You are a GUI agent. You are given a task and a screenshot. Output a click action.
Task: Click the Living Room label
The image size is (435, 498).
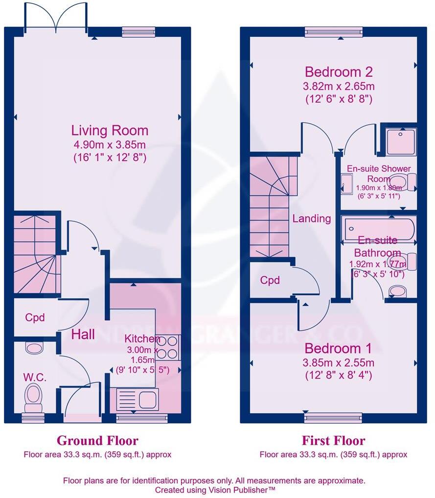point(110,131)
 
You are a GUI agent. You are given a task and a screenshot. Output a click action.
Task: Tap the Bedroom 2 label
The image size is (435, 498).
point(339,72)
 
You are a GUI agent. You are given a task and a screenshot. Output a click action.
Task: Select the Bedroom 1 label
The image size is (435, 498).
point(338,349)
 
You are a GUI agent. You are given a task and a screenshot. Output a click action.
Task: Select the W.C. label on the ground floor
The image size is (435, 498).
point(34,377)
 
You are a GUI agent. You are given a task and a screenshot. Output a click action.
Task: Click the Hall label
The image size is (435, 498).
point(83,335)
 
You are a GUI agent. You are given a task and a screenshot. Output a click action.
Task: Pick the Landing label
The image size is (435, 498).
point(312,218)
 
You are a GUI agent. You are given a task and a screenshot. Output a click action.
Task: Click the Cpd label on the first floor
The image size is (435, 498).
point(270,280)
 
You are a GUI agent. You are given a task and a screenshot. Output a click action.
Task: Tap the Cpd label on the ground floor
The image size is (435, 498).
point(35,317)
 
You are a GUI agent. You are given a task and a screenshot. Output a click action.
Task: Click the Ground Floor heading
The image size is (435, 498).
point(97,440)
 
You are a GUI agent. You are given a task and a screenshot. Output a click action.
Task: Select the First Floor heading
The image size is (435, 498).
point(333,440)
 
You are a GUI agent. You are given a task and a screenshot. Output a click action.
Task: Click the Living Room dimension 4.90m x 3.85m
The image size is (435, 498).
point(110,145)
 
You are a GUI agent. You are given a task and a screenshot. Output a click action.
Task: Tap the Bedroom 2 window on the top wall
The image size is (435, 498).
point(333,32)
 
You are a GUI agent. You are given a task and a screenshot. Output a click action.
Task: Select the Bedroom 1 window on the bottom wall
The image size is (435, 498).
point(333,418)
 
